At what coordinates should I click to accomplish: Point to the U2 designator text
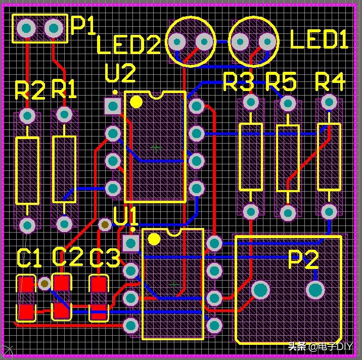[120, 74]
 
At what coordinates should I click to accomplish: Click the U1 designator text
[126, 217]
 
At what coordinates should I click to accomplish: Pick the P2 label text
[303, 260]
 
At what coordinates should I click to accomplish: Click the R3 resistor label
[238, 82]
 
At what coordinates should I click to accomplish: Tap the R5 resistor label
[281, 82]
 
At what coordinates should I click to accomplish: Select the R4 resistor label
[330, 81]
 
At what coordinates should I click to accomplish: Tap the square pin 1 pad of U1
[131, 243]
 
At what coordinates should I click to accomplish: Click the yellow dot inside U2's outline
[136, 102]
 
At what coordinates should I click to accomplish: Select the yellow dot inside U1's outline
[154, 239]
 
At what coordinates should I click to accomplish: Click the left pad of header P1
[25, 28]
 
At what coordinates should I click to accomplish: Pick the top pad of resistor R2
[27, 116]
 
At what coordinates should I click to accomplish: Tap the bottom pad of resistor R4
[329, 211]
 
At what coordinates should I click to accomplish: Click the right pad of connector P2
[315, 290]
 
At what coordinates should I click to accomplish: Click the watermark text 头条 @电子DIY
[320, 347]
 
